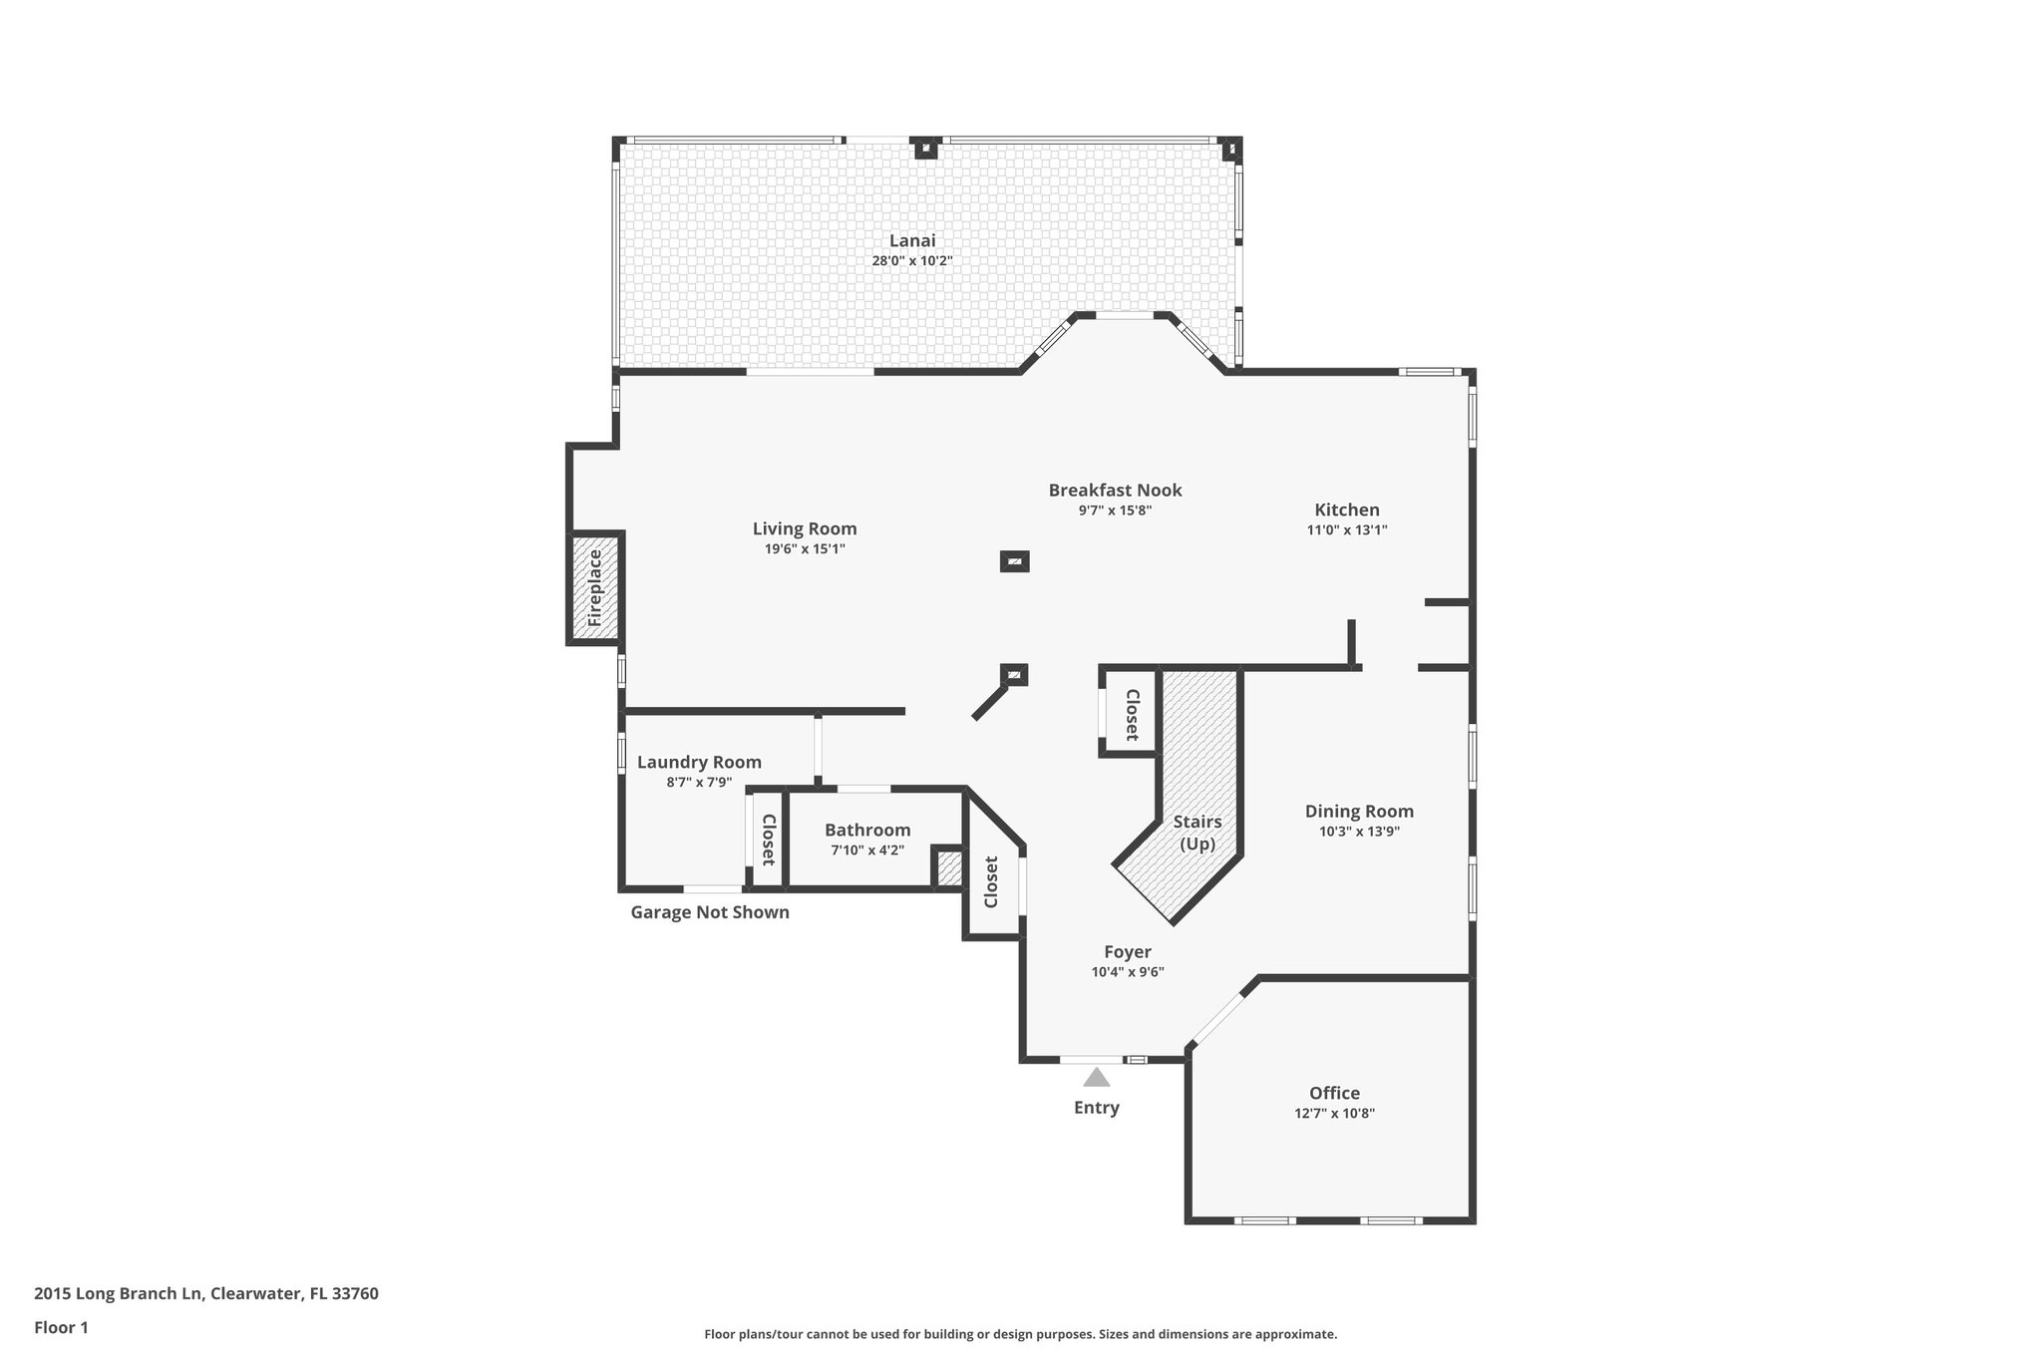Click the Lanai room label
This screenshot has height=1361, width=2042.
tap(912, 240)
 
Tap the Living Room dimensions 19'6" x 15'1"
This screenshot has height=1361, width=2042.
tap(804, 549)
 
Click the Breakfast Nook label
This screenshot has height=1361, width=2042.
tap(1115, 490)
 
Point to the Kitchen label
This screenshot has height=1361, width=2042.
tap(1346, 510)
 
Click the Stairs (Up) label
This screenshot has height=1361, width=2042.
tap(1196, 833)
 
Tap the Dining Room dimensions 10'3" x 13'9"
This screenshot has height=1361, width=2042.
tap(1358, 832)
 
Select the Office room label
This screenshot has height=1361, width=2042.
tap(1334, 1093)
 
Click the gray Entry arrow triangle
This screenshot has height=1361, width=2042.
tap(1096, 1078)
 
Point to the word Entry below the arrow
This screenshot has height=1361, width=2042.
tap(1096, 1108)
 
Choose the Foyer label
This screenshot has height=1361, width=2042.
tap(1127, 952)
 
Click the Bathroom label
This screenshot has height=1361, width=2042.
tap(866, 830)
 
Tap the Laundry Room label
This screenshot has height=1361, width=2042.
tap(699, 762)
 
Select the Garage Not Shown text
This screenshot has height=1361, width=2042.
tap(709, 912)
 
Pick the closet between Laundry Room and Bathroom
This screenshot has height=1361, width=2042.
tap(768, 839)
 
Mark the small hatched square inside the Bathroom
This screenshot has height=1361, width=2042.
tap(948, 868)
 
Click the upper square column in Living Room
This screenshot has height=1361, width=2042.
tap(1014, 561)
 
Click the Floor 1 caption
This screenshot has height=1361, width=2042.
tap(61, 1327)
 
